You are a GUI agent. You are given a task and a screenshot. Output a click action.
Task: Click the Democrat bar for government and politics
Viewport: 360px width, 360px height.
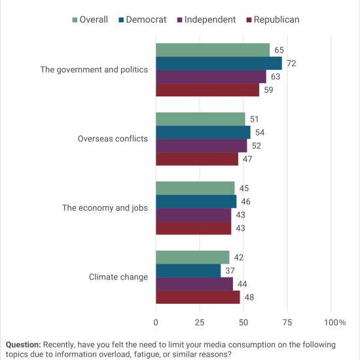[x=219, y=63]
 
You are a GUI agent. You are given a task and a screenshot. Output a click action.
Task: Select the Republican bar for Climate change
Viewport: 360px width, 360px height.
[x=198, y=297]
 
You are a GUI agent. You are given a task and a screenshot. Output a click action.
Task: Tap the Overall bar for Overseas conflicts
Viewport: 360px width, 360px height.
[x=200, y=119]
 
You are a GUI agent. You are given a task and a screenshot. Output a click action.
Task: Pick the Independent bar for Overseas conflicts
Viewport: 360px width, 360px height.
[x=202, y=145]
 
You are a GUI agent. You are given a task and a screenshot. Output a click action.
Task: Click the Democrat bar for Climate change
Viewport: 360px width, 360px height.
[x=189, y=271]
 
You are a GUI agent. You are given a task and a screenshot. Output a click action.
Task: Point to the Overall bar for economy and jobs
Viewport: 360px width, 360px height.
[x=195, y=189]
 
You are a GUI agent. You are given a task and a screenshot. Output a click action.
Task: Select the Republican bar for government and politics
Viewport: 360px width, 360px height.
[x=207, y=90]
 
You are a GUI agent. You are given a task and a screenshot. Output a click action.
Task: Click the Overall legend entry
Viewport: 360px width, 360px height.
[x=90, y=20]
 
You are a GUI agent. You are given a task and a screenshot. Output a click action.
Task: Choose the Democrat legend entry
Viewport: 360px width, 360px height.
[x=142, y=20]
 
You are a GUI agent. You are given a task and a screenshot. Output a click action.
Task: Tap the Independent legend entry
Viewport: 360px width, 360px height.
[x=206, y=20]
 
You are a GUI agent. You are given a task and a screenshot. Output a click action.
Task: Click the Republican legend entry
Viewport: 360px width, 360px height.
[x=273, y=20]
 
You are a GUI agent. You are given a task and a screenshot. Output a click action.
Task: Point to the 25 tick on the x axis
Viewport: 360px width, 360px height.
[x=200, y=322]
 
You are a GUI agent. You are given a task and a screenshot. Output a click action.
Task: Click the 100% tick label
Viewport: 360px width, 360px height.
[x=334, y=322]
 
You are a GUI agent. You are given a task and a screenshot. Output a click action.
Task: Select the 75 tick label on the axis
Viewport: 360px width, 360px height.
[x=287, y=322]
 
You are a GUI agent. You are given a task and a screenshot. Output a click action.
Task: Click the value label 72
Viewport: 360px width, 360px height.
[x=291, y=63]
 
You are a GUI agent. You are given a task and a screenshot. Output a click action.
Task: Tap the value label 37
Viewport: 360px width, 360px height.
[x=230, y=271]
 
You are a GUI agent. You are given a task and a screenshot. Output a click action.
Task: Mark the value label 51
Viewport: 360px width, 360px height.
[x=255, y=119]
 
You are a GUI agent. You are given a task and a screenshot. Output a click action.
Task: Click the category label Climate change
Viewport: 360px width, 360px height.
[x=118, y=277]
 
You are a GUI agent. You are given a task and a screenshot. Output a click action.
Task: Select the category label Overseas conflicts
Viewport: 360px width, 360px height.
[x=113, y=139]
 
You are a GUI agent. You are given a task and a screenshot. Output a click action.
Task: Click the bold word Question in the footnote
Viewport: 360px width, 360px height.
[x=23, y=344]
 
